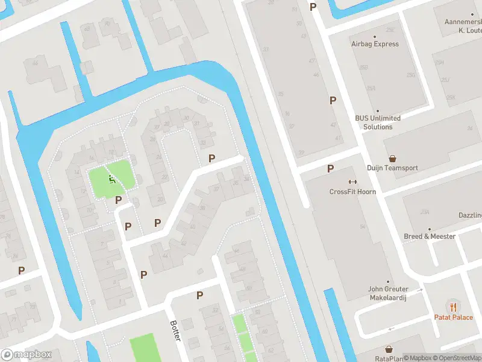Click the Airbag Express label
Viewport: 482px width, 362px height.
pos(375,44)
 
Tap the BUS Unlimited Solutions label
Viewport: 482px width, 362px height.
pos(378,122)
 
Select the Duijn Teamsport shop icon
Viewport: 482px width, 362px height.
pos(392,159)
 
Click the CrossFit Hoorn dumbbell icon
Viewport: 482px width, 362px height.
pos(352,182)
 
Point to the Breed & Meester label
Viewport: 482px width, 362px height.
pos(430,237)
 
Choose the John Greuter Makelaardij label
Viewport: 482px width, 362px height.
pos(388,293)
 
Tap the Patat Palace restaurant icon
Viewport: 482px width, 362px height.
pos(453,306)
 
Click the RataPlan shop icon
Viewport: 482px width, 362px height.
pos(389,349)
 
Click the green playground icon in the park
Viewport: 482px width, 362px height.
pos(111,179)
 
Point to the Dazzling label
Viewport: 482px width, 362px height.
pos(471,215)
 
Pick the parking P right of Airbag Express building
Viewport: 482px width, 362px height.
pos(332,101)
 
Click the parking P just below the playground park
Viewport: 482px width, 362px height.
pos(119,200)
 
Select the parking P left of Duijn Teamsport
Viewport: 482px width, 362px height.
pos(330,168)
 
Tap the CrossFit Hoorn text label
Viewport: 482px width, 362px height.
pos(352,192)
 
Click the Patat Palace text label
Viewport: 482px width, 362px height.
pos(454,317)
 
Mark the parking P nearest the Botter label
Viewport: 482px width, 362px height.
pos(199,295)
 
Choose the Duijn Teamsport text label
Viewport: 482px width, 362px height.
pos(392,168)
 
